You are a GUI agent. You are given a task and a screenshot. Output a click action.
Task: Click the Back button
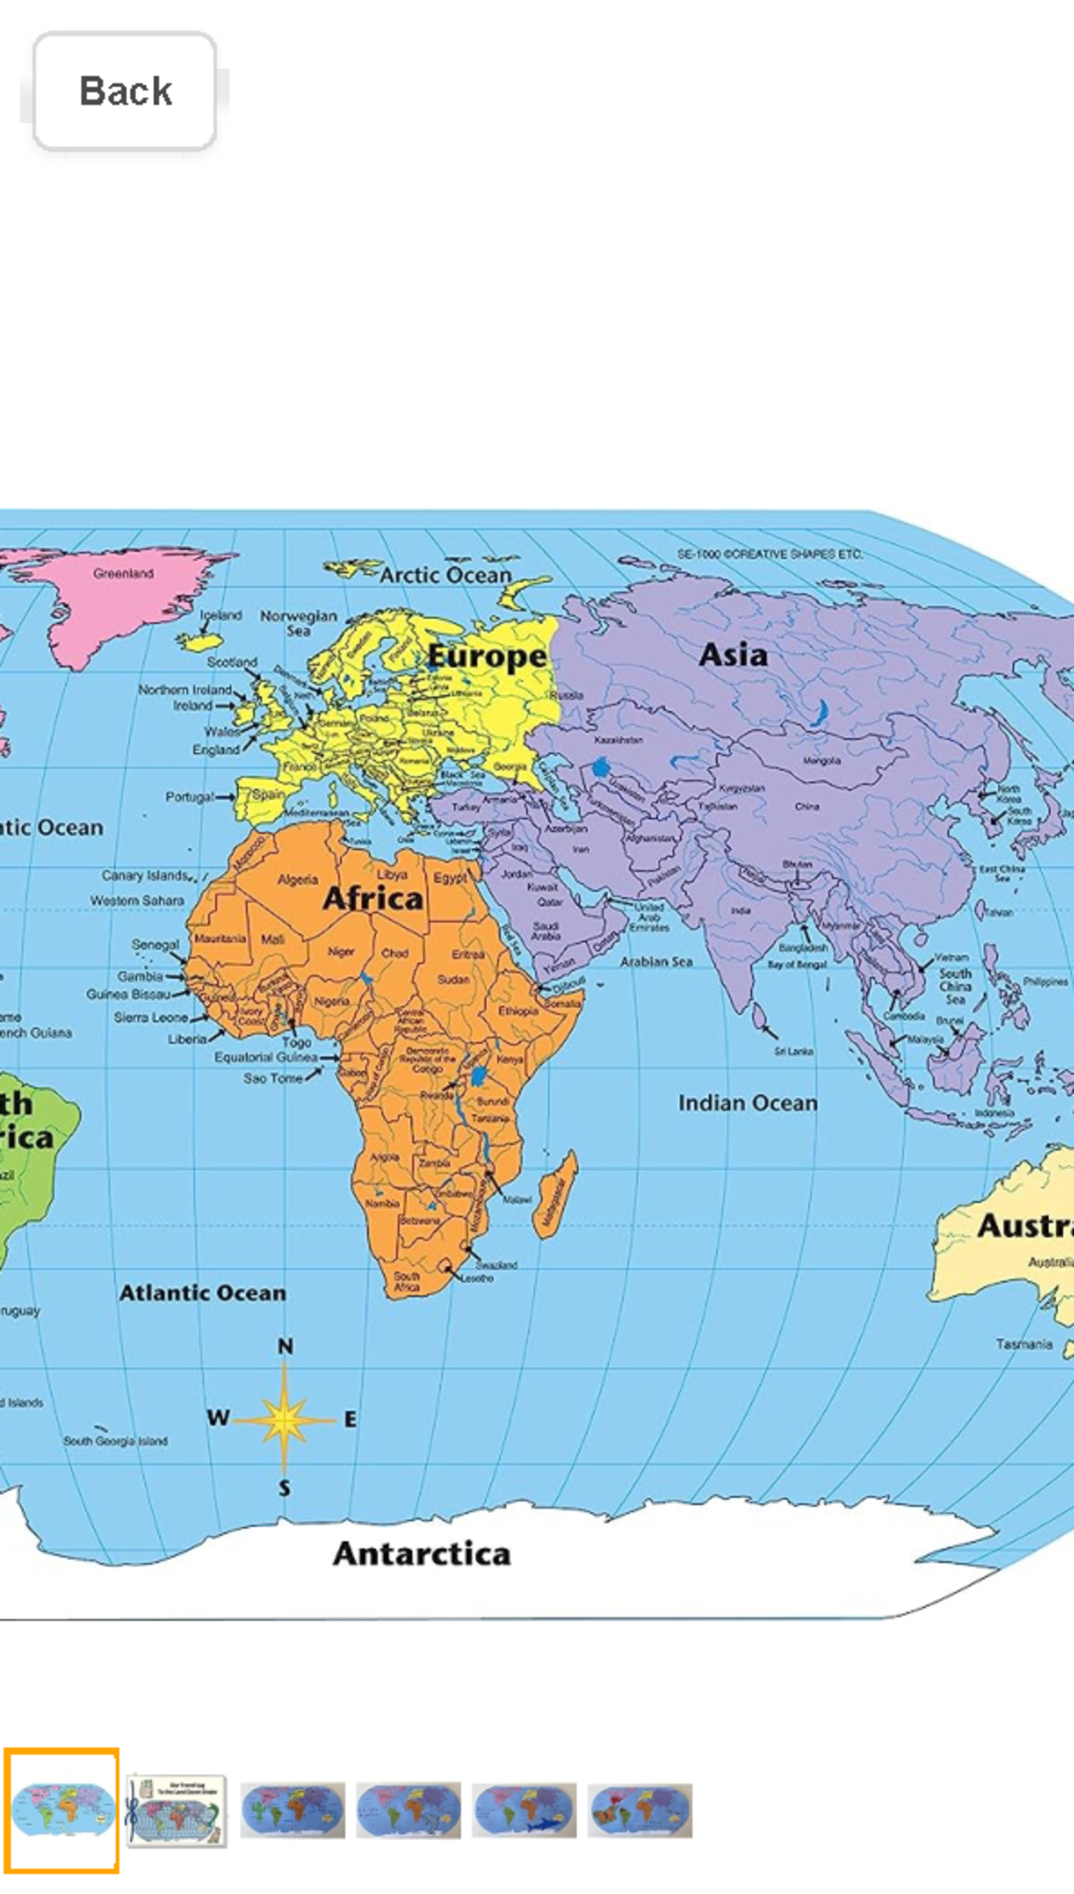coord(124,90)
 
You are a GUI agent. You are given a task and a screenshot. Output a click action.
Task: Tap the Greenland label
coord(124,573)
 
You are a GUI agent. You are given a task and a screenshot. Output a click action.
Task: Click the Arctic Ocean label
coord(446,575)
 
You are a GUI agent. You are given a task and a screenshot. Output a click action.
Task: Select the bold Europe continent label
coord(486,656)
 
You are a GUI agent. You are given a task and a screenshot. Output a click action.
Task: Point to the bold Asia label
coord(733,655)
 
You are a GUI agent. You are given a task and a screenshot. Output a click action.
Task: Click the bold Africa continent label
coord(372,898)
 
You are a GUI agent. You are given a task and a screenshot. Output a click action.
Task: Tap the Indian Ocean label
coord(747,1103)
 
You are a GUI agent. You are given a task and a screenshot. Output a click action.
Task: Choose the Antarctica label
coord(422,1554)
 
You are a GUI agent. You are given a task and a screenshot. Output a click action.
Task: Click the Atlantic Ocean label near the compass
coord(203,1293)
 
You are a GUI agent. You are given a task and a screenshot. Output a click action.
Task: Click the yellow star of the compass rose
coord(285,1419)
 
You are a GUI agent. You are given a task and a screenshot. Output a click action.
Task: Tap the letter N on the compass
coord(285,1347)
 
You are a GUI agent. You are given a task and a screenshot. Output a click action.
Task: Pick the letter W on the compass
coord(217,1418)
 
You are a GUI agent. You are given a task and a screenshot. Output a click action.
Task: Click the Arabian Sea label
coord(656,962)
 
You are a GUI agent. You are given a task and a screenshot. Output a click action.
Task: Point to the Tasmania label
coord(1024,1344)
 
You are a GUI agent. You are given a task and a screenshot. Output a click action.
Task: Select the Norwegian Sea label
coord(299,622)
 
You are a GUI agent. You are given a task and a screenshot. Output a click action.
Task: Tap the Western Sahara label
coord(137,901)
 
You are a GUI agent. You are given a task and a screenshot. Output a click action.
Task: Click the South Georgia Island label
coord(115,1441)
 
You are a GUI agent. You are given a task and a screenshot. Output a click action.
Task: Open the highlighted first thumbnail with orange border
coord(61,1811)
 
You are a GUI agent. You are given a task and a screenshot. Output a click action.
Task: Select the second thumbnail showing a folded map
coord(176,1811)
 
